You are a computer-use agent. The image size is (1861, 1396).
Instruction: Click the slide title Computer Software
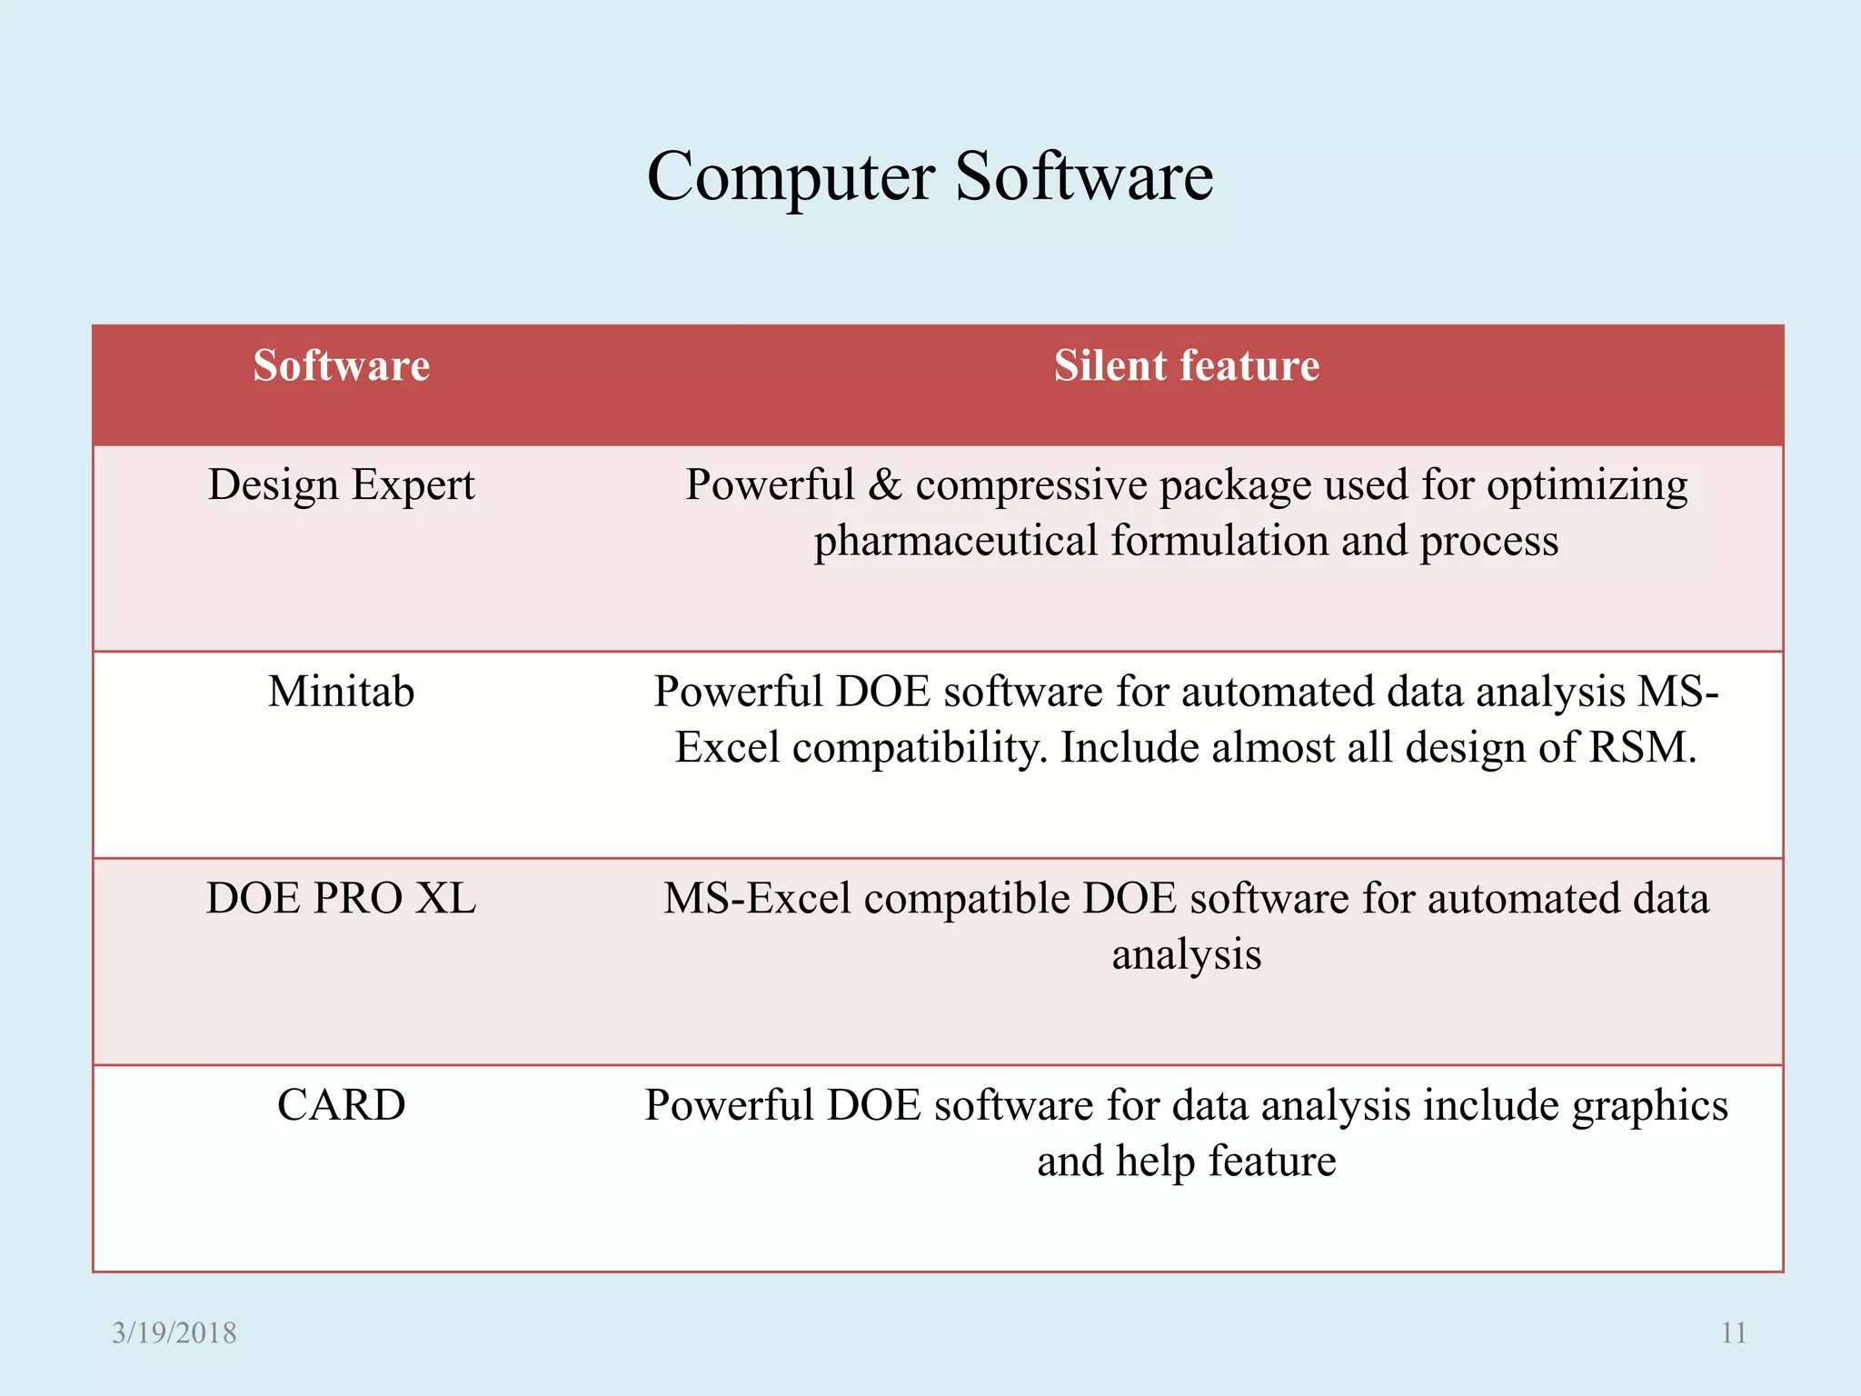pos(930,176)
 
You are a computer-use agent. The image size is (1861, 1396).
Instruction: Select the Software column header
pos(341,366)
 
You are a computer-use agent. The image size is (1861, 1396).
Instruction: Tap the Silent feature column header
pos(1186,366)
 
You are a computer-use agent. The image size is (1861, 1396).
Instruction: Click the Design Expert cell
pos(341,485)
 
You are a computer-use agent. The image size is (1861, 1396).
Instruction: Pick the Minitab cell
pos(341,692)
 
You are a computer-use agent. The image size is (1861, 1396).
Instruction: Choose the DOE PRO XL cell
pos(341,899)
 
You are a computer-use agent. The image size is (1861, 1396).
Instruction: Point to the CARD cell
pos(341,1106)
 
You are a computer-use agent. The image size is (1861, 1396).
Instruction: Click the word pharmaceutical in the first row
pos(956,542)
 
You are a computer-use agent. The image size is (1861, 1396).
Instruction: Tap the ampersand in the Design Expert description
pos(884,485)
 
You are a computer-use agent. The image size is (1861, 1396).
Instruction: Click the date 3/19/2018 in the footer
pos(174,1333)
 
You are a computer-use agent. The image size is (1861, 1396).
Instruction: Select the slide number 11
pos(1734,1333)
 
